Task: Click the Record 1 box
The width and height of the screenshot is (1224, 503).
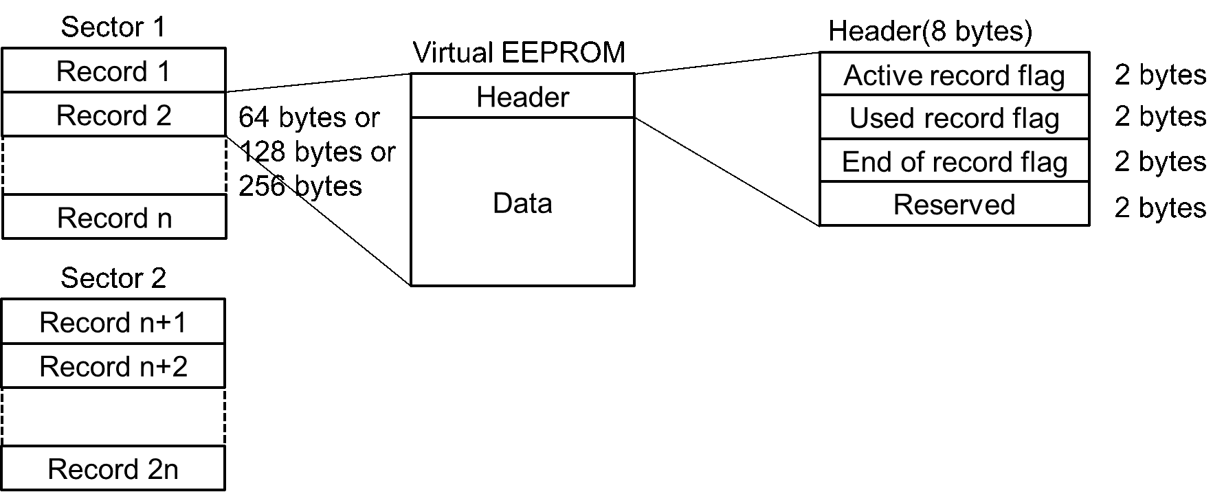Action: [x=113, y=71]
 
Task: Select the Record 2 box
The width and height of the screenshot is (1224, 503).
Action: [x=113, y=115]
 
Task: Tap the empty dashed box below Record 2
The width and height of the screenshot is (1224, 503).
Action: [x=113, y=166]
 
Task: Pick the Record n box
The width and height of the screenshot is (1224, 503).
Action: [x=113, y=217]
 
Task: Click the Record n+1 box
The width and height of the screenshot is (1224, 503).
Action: [x=113, y=322]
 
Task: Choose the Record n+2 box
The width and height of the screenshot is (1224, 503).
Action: [x=113, y=366]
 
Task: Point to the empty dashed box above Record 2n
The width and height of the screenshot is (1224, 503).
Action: [x=113, y=417]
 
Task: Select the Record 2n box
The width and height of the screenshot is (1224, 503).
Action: [x=113, y=469]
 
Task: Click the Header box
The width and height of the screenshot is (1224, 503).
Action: [x=522, y=97]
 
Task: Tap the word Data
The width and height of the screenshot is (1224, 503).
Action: [x=522, y=203]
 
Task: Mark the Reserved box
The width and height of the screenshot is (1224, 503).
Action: [x=954, y=204]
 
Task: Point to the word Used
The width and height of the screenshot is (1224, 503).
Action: [x=882, y=118]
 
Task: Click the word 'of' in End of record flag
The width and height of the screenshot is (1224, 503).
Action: [x=911, y=162]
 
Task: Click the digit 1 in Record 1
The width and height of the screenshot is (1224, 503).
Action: [x=163, y=71]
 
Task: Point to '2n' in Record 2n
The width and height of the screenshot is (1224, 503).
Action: [x=162, y=469]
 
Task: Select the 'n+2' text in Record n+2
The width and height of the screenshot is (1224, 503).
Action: [x=163, y=366]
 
